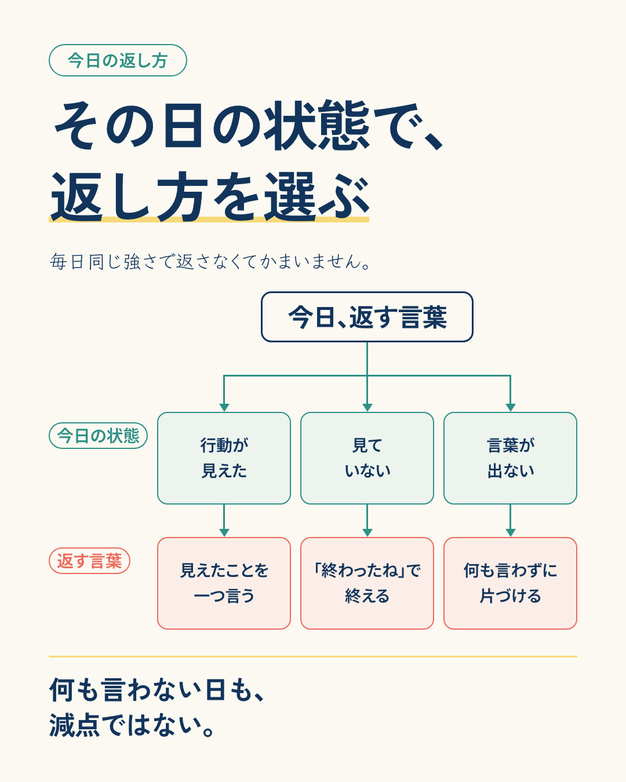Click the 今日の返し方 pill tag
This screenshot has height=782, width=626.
tap(118, 60)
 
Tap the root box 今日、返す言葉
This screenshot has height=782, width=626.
tap(367, 317)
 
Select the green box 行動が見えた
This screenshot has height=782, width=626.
tap(224, 458)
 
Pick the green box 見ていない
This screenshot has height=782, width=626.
tap(367, 458)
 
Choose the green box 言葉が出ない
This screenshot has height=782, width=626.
tap(510, 458)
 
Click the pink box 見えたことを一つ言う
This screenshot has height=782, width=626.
tap(224, 583)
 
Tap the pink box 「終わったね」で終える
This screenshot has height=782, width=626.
tap(367, 583)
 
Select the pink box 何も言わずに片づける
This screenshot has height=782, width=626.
tap(510, 583)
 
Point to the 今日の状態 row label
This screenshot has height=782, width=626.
tap(98, 436)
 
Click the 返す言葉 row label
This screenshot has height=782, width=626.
tap(89, 561)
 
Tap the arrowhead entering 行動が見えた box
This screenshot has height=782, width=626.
tap(224, 408)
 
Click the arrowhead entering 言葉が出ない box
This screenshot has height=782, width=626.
tap(510, 408)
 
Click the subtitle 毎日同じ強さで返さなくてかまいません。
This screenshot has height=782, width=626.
tap(210, 261)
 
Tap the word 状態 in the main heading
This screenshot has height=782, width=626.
tap(317, 125)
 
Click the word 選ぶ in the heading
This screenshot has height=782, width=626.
tap(317, 196)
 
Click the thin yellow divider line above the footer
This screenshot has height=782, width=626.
tap(313, 657)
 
